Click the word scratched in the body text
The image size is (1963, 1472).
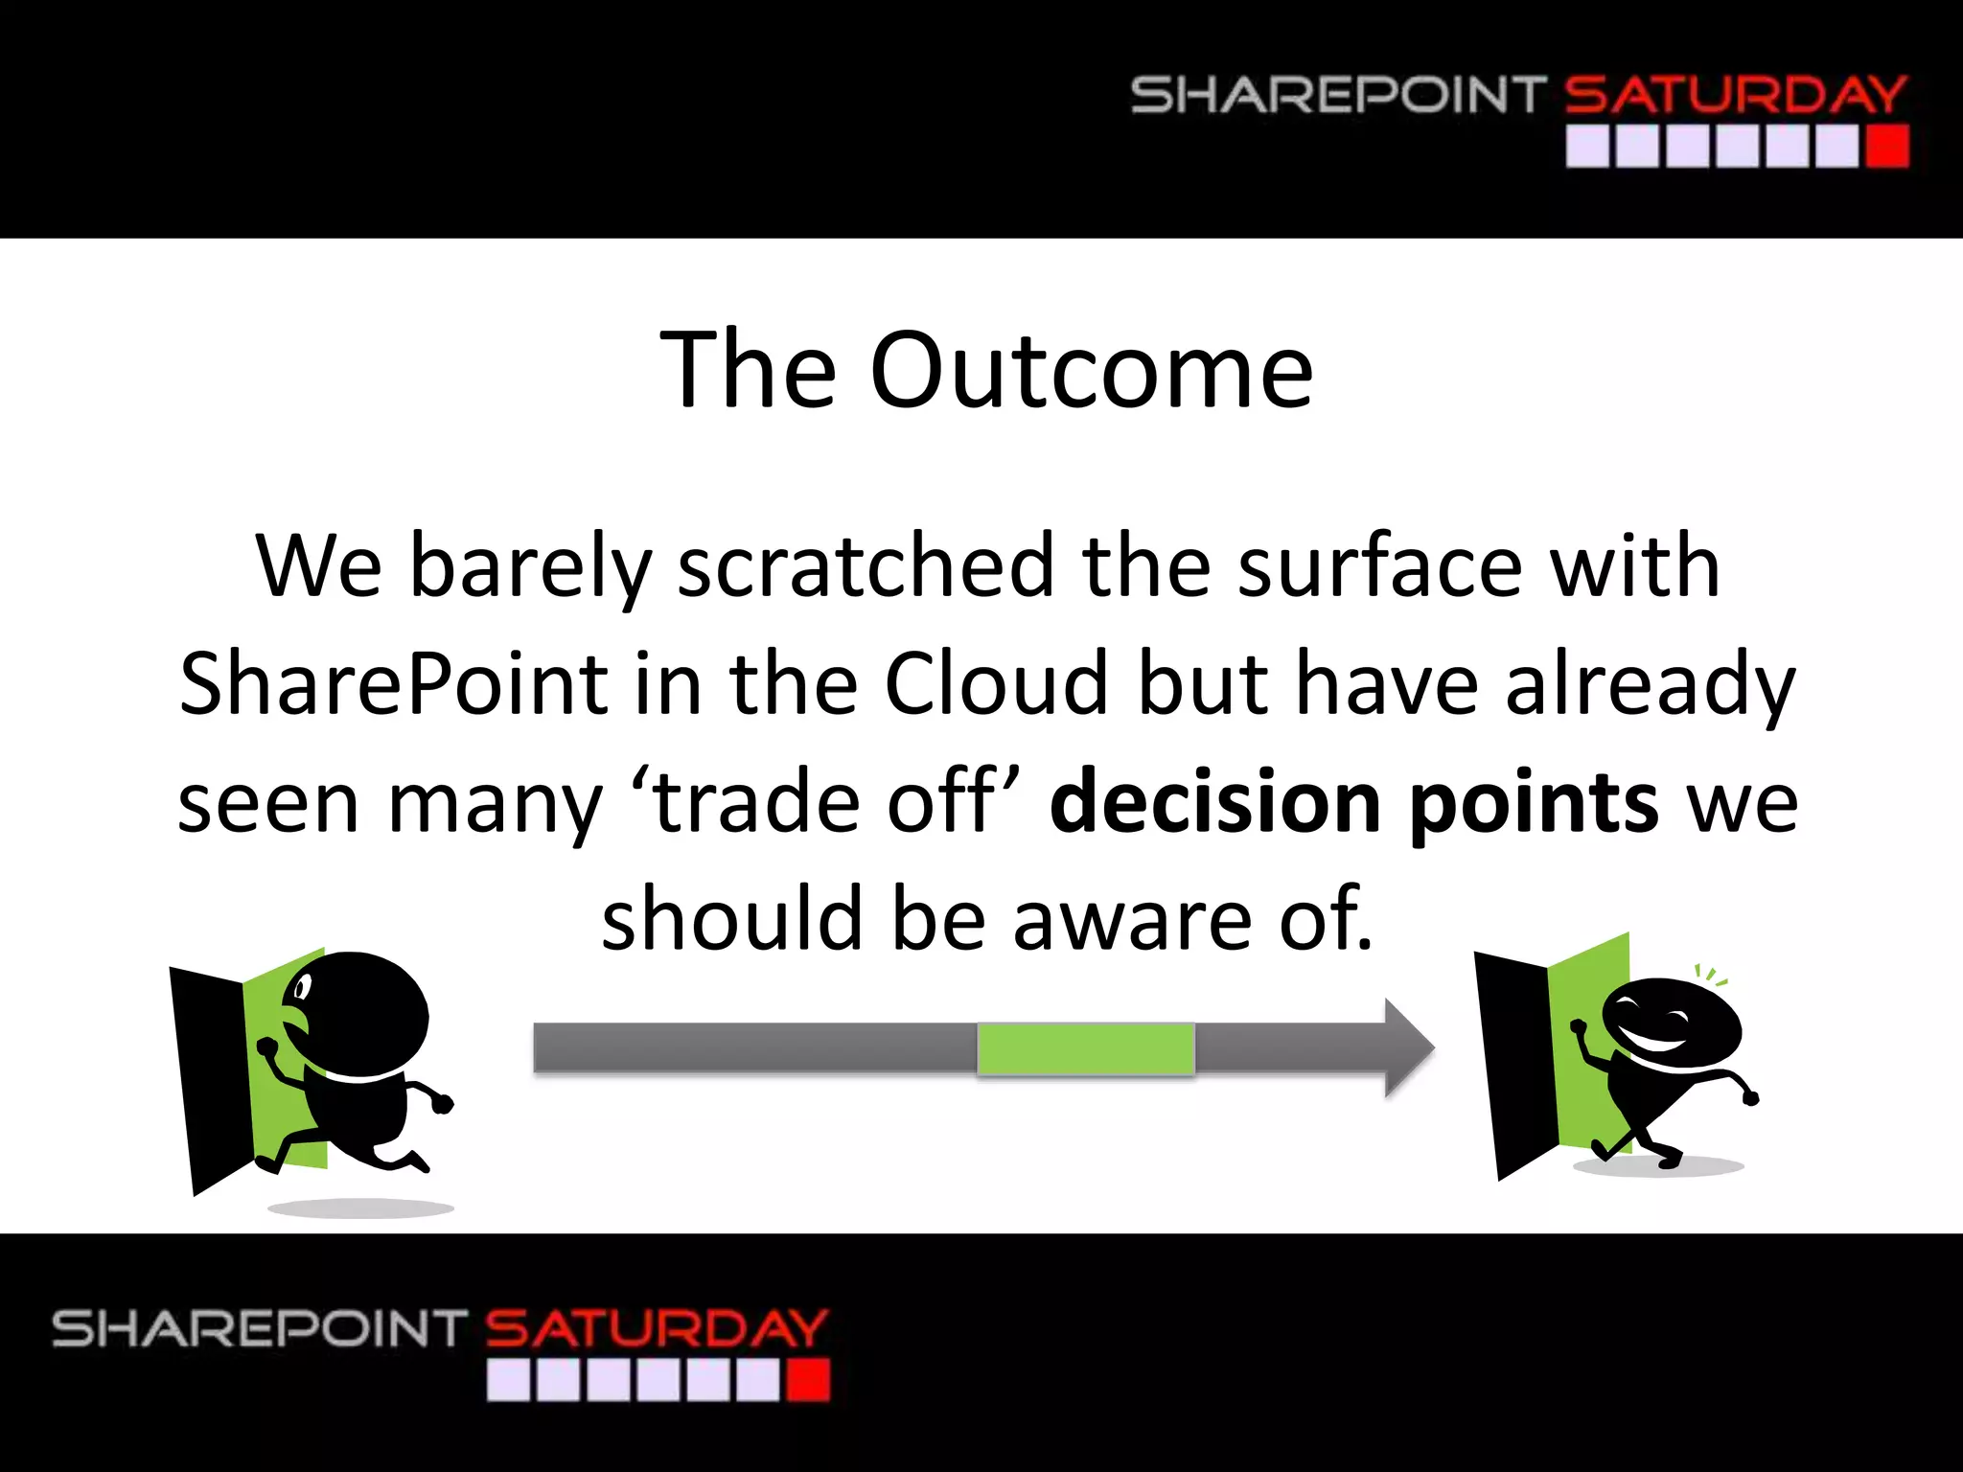point(866,567)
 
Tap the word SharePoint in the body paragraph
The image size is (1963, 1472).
point(393,684)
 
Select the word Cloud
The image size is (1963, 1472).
point(996,684)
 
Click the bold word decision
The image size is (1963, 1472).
point(1214,803)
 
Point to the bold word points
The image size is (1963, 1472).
point(1533,803)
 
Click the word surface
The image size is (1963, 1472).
point(1379,567)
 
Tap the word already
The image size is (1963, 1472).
point(1650,684)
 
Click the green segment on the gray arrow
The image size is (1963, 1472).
point(1085,1048)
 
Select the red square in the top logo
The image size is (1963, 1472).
point(1887,148)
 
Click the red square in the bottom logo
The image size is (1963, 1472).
point(807,1381)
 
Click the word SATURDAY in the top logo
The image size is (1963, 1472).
point(1735,96)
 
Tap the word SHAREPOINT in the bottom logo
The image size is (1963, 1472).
point(259,1329)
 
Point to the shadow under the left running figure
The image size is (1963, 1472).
point(359,1208)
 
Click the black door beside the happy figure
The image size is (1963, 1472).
point(1513,1064)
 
